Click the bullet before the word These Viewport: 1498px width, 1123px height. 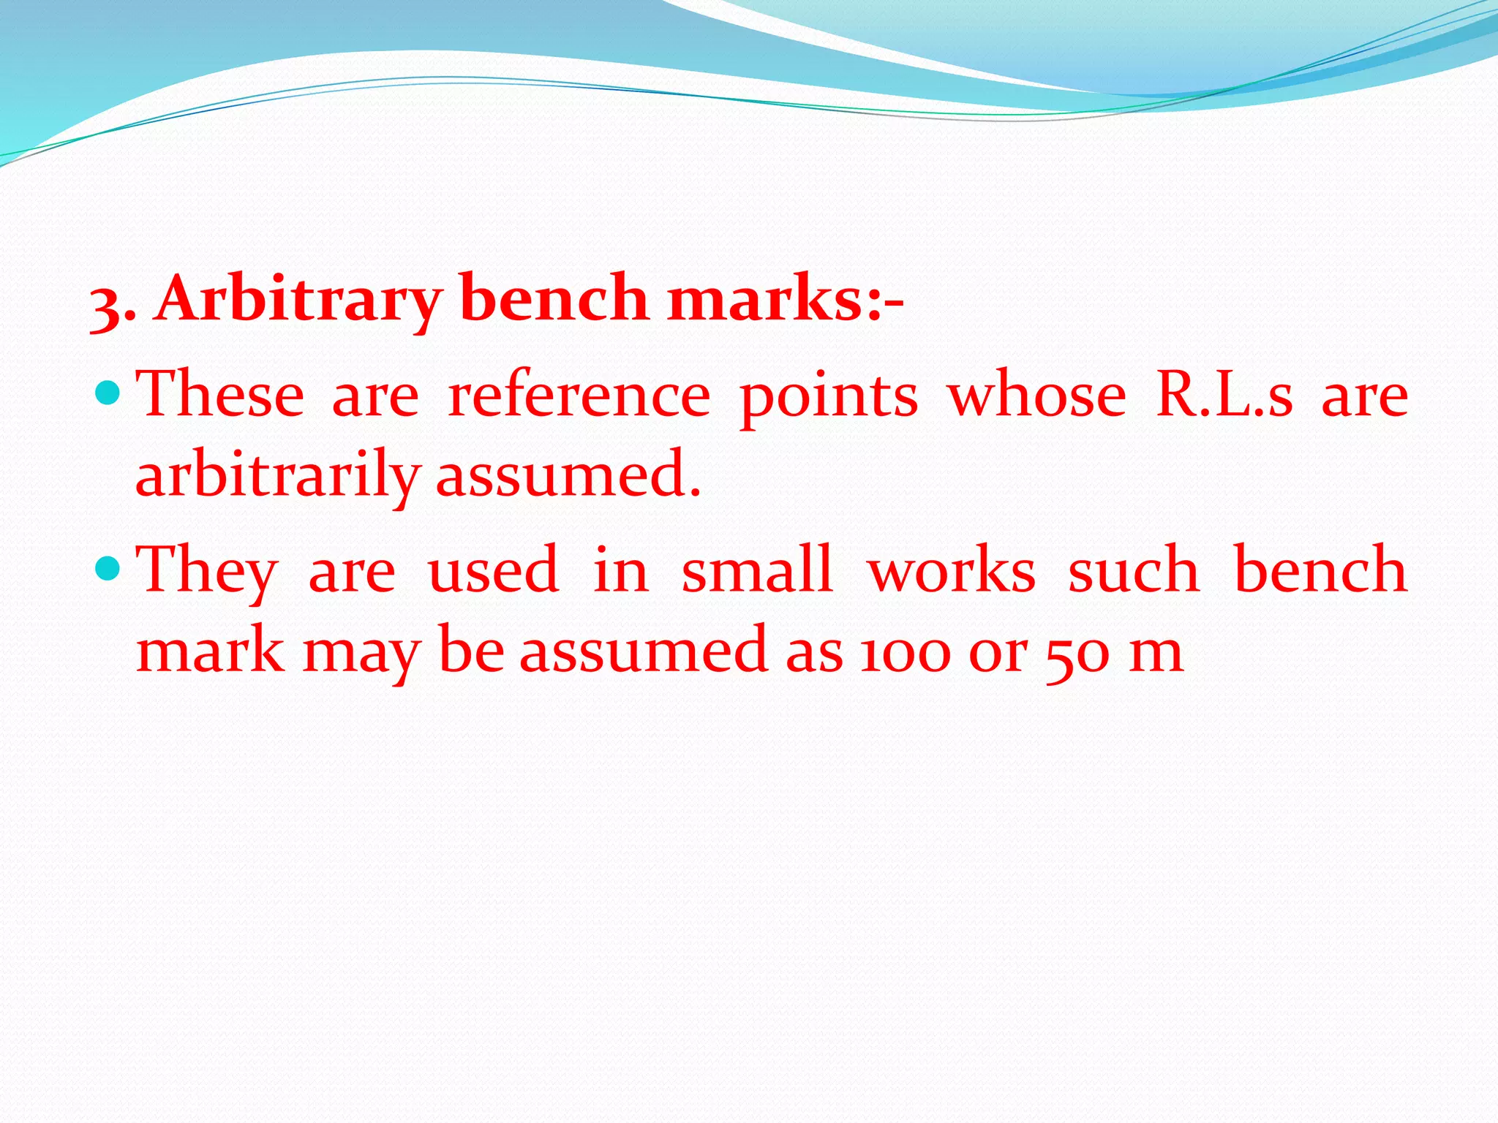(x=108, y=393)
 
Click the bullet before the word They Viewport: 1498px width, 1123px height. (x=108, y=567)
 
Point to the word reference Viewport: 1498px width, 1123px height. (x=579, y=396)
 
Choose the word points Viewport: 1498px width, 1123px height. (x=829, y=396)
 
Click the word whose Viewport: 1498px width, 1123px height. (x=1037, y=396)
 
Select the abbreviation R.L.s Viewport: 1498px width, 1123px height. (x=1224, y=396)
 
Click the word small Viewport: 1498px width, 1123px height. (x=757, y=570)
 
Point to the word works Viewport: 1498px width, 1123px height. (x=952, y=570)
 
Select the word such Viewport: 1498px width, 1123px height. (x=1134, y=570)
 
